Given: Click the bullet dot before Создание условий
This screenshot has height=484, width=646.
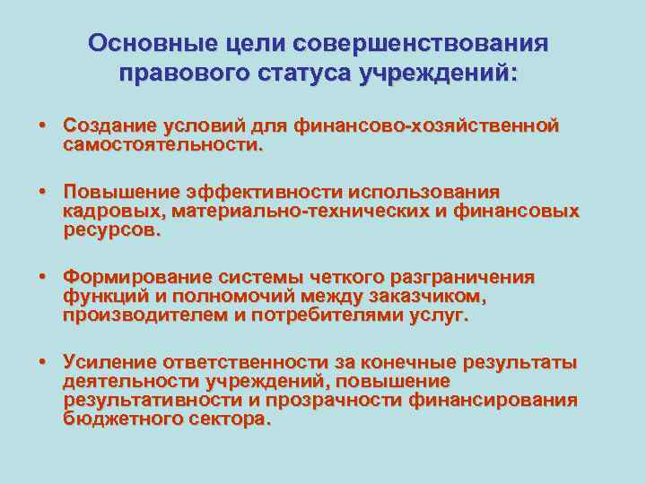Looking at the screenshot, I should point(42,125).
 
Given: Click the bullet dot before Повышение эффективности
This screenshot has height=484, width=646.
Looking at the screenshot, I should point(42,193).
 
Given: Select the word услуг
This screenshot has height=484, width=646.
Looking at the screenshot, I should point(439,315).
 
